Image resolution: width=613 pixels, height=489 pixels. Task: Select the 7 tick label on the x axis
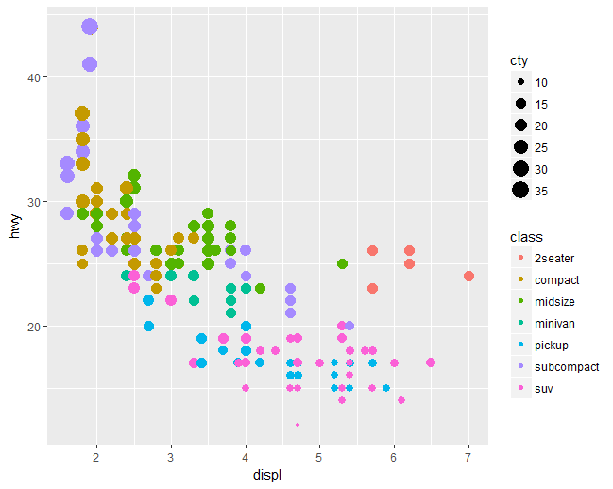tap(468, 457)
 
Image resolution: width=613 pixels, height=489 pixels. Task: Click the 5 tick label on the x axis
tap(320, 457)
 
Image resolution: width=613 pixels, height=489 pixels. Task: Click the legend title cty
tap(519, 60)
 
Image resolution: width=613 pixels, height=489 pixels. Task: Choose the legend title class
tap(525, 235)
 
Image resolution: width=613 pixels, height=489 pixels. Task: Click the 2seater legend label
tap(554, 258)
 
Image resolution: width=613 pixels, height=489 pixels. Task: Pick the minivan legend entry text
tap(554, 323)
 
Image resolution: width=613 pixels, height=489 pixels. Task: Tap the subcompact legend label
tap(567, 366)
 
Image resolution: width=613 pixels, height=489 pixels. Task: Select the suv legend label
tap(545, 388)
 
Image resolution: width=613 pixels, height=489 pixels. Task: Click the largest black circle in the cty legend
tap(520, 191)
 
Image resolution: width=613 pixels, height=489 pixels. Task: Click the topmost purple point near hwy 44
tap(90, 26)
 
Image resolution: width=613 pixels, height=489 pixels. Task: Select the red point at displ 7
tap(468, 276)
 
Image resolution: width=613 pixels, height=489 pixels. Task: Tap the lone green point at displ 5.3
tap(342, 263)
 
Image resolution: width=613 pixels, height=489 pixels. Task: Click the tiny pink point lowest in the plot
tap(298, 425)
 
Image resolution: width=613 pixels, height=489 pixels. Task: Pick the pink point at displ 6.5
tap(431, 363)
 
